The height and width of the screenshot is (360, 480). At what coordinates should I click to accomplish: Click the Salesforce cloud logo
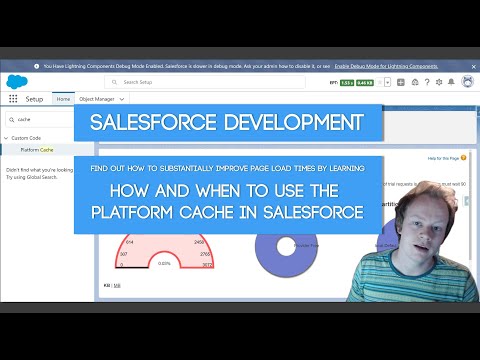tap(15, 82)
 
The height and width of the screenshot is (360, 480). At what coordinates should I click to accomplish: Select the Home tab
tap(63, 99)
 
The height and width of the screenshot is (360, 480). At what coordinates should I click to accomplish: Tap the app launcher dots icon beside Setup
tap(13, 99)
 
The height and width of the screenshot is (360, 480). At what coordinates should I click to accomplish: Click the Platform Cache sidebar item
tap(38, 149)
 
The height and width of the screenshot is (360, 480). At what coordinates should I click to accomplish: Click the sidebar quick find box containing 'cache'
tap(40, 118)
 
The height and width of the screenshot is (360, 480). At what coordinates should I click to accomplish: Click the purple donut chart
tap(286, 245)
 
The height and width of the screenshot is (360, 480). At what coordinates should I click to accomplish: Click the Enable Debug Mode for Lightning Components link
tap(385, 66)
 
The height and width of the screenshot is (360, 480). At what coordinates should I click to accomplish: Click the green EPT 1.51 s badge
tap(346, 83)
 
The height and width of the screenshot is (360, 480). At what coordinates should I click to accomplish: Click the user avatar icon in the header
tap(465, 82)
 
